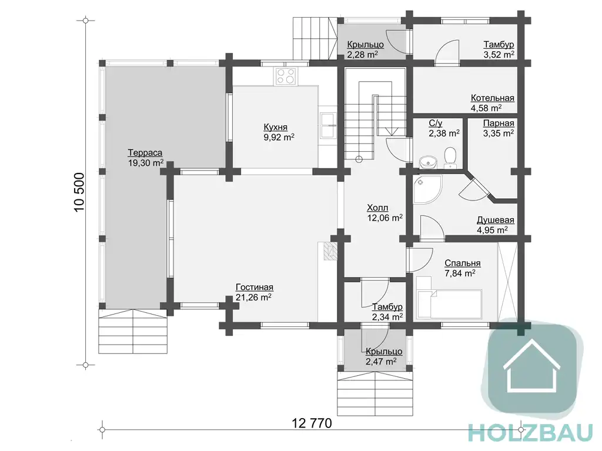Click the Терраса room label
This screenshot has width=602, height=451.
pyautogui.click(x=145, y=153)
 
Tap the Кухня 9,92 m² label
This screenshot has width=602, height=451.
pyautogui.click(x=279, y=132)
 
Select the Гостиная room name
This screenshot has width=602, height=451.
pyautogui.click(x=254, y=288)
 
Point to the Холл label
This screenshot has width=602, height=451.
pyautogui.click(x=377, y=208)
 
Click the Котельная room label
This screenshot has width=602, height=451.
pyautogui.click(x=492, y=98)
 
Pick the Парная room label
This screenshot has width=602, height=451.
pyautogui.click(x=499, y=123)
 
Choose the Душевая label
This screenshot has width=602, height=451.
pyautogui.click(x=495, y=220)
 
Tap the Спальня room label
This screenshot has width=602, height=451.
pyautogui.click(x=462, y=263)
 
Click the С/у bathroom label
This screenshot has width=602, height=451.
pyautogui.click(x=436, y=123)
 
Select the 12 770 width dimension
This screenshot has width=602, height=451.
pyautogui.click(x=312, y=423)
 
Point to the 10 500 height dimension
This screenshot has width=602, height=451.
pyautogui.click(x=79, y=192)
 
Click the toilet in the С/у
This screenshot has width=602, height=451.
pyautogui.click(x=450, y=158)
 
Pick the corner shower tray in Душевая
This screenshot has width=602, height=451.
pyautogui.click(x=427, y=189)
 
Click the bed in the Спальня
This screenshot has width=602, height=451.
pyautogui.click(x=449, y=298)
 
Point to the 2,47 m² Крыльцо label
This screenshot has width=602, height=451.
pyautogui.click(x=381, y=362)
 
